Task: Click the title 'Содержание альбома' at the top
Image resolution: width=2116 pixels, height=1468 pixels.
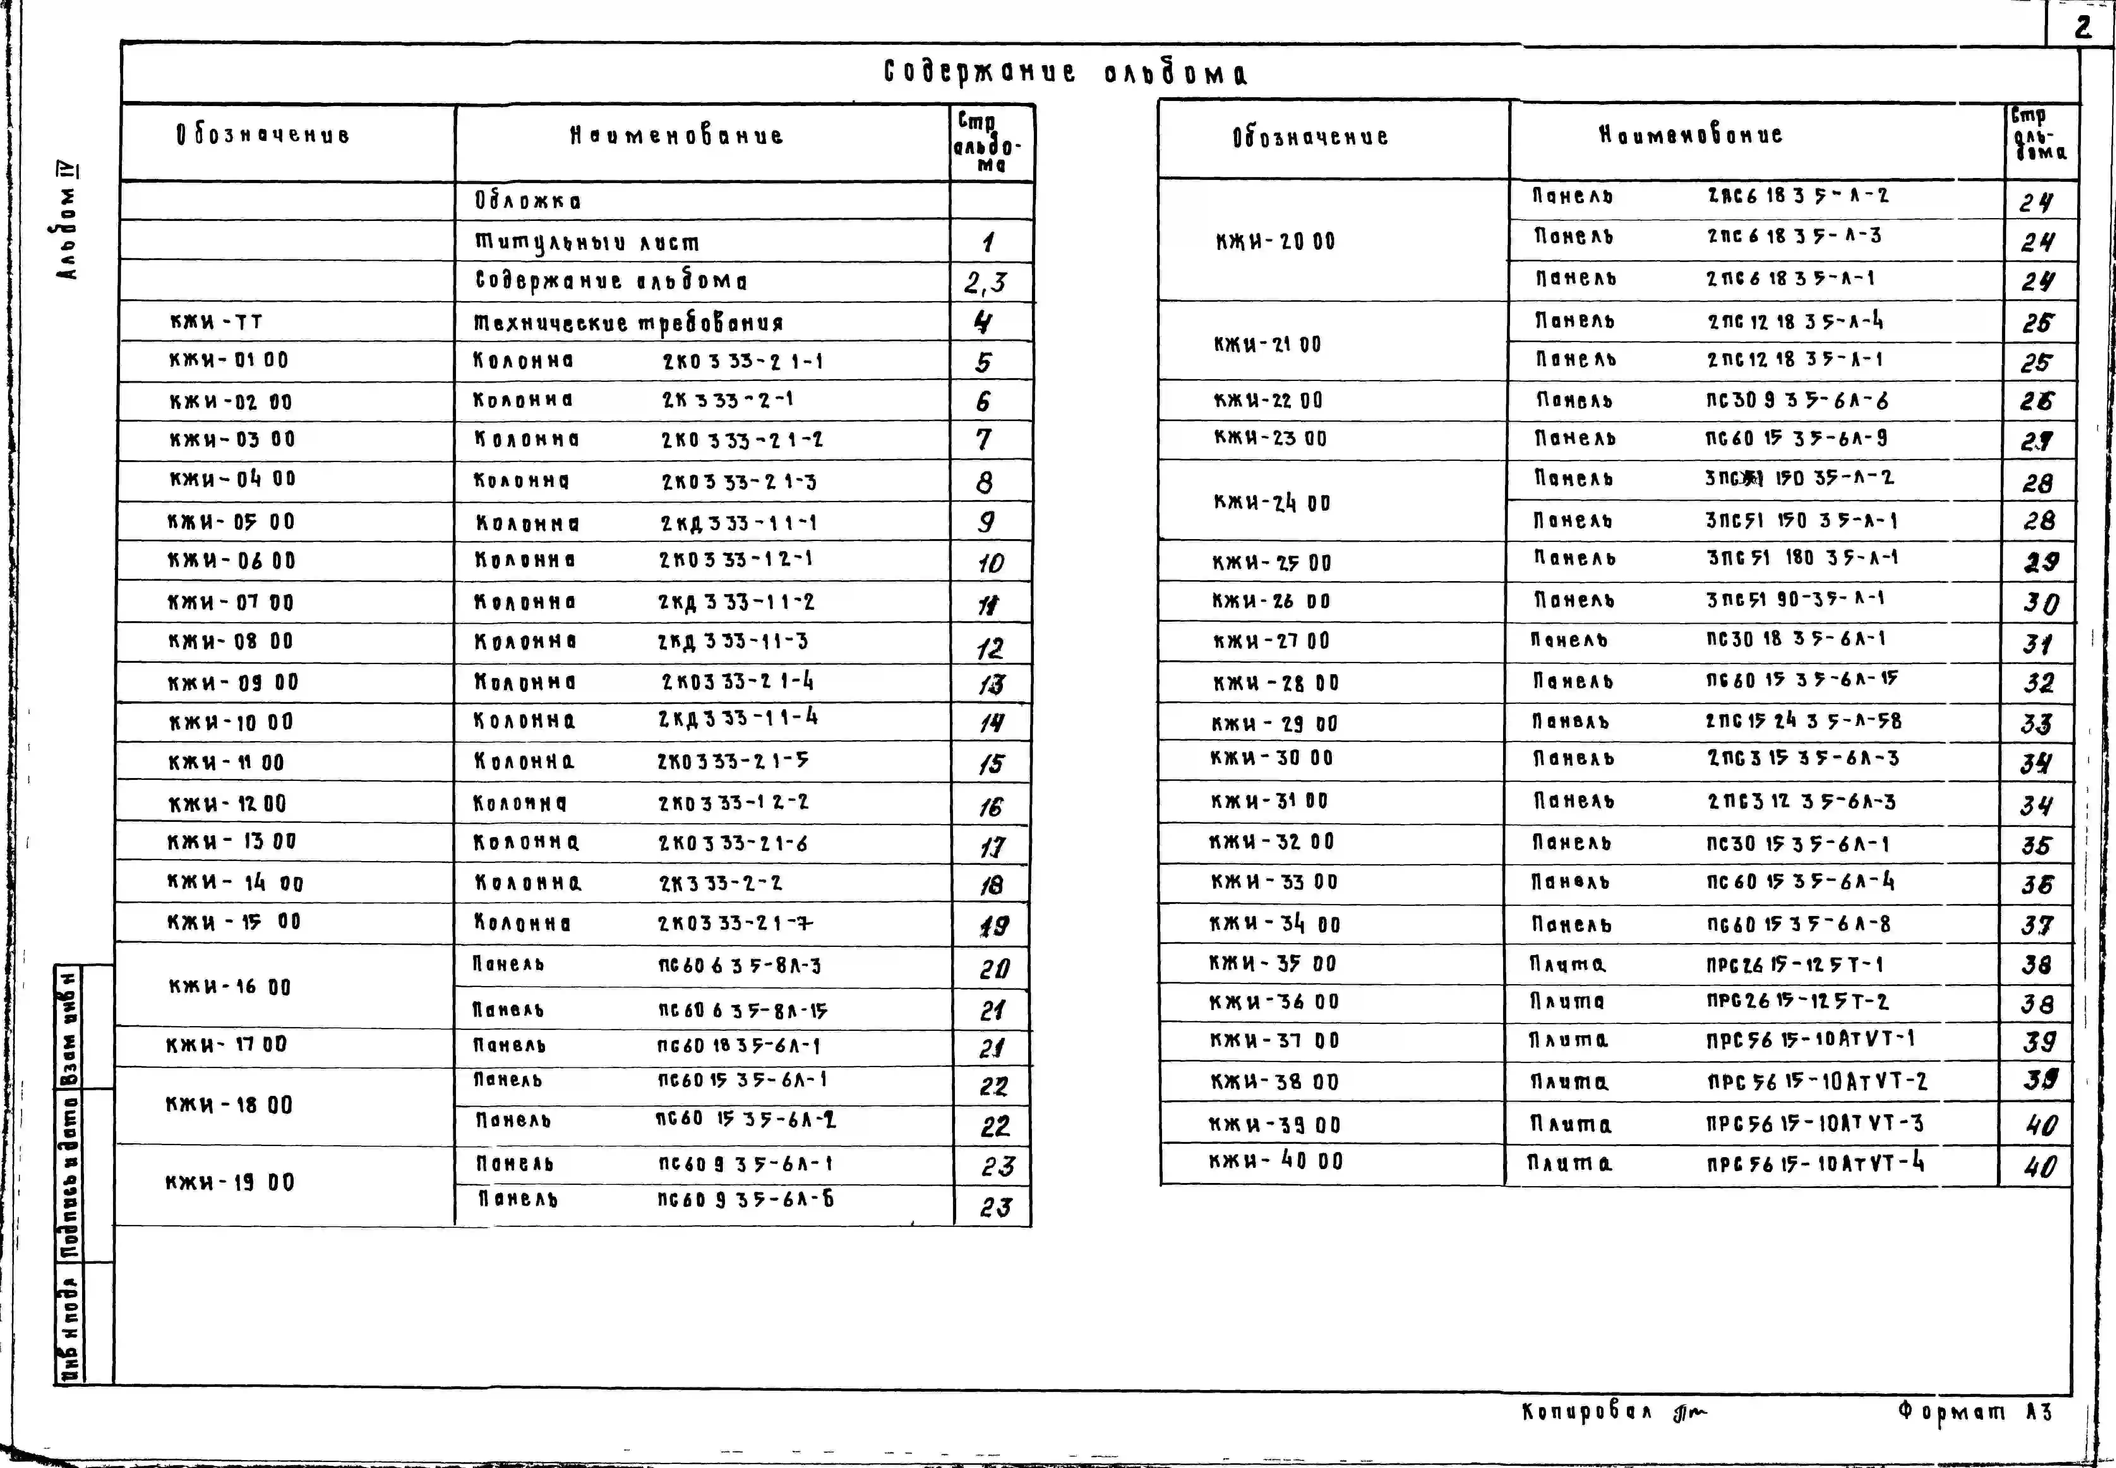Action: tap(1065, 73)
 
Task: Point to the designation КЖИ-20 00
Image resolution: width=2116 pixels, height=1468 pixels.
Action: tap(1275, 241)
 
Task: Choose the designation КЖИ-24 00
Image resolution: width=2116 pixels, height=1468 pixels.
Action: tap(1272, 502)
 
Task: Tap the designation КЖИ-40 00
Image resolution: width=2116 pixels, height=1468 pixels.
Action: tap(1276, 1161)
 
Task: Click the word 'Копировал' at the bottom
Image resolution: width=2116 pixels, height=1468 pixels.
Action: tap(1586, 1412)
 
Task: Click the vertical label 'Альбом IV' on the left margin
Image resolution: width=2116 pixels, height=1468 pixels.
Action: tap(67, 221)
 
